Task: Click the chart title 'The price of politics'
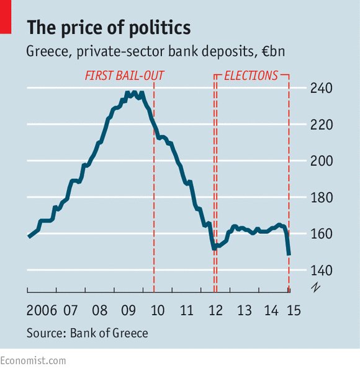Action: click(109, 28)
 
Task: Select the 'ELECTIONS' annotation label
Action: click(251, 76)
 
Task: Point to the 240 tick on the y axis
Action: click(321, 88)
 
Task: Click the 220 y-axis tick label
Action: click(321, 125)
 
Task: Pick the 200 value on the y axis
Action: click(321, 161)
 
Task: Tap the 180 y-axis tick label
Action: click(321, 198)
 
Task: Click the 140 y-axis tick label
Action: click(321, 270)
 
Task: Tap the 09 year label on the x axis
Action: click(129, 310)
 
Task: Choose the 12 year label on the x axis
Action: click(215, 310)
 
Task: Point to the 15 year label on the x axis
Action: click(294, 310)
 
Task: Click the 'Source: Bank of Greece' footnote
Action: click(88, 333)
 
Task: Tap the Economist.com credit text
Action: click(33, 360)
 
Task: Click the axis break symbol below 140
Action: click(315, 286)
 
